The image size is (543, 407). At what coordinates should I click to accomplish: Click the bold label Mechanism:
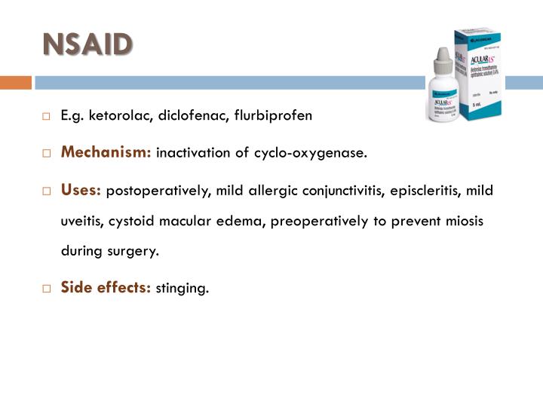click(106, 153)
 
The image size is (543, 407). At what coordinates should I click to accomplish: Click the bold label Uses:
click(81, 190)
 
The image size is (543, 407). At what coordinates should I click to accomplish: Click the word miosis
click(465, 221)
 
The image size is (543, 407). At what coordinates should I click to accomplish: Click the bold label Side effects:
click(106, 287)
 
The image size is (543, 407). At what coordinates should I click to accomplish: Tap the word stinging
click(182, 288)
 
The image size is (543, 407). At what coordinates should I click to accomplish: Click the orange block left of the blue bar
click(15, 82)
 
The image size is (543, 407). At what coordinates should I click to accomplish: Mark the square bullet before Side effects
click(46, 288)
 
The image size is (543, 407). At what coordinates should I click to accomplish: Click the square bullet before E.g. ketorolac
click(46, 117)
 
